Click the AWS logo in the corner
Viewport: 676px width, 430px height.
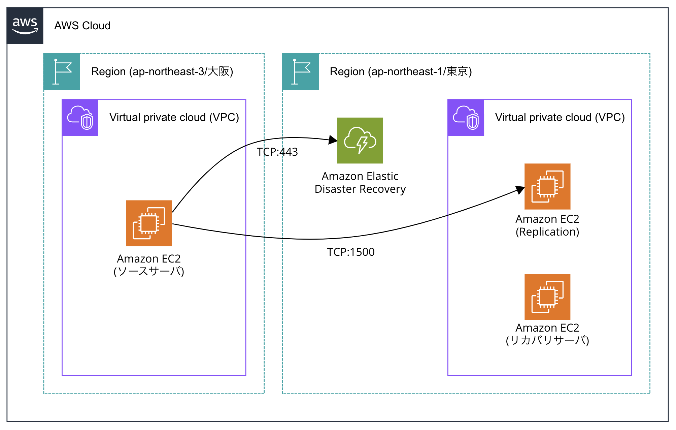click(25, 26)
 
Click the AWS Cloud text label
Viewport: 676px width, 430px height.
click(82, 26)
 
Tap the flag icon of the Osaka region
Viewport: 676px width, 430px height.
click(62, 71)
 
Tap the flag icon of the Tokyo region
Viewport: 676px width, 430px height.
click(301, 71)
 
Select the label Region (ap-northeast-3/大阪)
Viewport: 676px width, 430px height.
click(162, 71)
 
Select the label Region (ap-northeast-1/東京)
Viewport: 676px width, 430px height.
click(401, 71)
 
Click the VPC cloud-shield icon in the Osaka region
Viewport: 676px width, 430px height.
click(80, 118)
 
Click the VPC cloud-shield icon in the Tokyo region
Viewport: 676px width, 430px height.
click(466, 118)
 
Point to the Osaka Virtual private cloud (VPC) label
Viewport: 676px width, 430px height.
click(174, 117)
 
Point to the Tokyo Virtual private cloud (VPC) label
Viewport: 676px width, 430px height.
click(560, 117)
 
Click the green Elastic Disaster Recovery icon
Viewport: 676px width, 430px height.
click(360, 141)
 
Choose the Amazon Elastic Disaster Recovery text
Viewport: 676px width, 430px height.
click(360, 183)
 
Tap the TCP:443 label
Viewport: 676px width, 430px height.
click(277, 152)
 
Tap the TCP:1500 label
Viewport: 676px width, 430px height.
click(351, 252)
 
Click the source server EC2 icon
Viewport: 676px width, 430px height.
click(149, 223)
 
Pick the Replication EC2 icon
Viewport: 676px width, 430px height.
click(547, 186)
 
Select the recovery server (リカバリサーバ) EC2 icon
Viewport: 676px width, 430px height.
click(547, 297)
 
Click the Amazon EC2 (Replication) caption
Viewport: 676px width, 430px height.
click(547, 225)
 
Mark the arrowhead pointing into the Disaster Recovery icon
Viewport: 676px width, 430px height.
click(333, 140)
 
